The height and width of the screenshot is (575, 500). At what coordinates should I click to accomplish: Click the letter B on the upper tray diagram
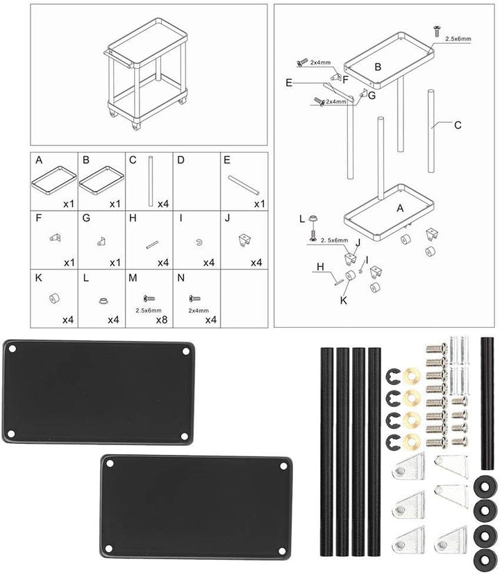point(378,67)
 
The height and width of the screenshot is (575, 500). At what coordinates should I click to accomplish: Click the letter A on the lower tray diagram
point(400,208)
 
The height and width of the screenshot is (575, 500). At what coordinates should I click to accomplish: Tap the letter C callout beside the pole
point(458,126)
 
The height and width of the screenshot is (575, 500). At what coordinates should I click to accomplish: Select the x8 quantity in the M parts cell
point(161,319)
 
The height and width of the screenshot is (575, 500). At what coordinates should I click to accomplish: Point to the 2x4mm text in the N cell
point(199,310)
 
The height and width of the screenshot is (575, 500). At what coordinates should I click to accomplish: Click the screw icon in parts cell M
point(149,298)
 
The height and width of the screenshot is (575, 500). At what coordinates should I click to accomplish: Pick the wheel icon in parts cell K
point(54,299)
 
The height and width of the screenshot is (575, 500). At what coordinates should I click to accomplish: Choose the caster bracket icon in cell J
point(244,240)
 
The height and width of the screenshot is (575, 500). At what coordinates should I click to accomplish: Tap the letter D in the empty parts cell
point(181,160)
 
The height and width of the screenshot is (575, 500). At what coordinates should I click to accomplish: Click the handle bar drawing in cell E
point(244,185)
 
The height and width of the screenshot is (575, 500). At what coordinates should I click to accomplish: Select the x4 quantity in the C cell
point(163,204)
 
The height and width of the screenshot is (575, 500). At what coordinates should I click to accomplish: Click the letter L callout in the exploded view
point(302,219)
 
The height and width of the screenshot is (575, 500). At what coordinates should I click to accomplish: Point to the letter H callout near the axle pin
point(320,267)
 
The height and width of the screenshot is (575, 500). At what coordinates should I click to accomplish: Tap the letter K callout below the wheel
point(343,300)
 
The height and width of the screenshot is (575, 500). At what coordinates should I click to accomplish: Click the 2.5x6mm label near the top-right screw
point(458,39)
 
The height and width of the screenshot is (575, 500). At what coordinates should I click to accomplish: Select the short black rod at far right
point(487,403)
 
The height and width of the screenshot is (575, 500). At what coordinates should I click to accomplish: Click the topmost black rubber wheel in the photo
point(485,486)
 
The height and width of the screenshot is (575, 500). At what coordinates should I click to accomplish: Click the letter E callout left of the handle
point(289,83)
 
